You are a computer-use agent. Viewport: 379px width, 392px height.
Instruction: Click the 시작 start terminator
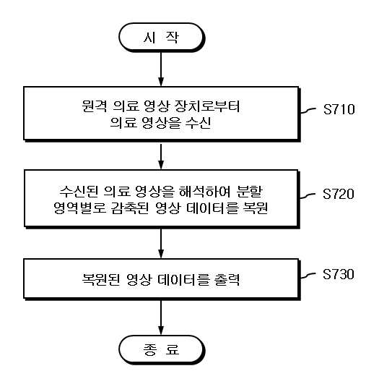[162, 38]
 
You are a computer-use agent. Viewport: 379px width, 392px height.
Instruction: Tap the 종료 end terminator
[162, 349]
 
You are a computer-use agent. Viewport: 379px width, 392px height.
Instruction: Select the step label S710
[339, 109]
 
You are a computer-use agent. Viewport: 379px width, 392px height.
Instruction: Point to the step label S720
[339, 194]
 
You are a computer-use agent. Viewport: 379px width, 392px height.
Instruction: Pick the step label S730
[339, 274]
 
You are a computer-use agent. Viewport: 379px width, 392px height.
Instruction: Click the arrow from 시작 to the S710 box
[161, 69]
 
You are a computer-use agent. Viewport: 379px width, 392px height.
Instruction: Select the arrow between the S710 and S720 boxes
[161, 156]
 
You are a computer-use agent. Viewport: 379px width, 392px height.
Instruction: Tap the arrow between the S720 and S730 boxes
[161, 243]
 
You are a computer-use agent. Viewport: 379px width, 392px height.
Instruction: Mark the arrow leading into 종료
[161, 318]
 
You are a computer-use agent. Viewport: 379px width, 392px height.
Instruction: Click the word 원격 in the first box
[95, 106]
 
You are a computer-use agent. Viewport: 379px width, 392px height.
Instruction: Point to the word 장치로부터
[207, 106]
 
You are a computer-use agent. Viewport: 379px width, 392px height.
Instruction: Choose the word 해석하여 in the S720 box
[204, 191]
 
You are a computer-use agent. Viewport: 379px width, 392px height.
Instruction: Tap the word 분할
[250, 191]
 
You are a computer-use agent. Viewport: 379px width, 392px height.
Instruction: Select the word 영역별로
[80, 208]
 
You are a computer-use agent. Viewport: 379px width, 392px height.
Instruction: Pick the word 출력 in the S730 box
[227, 279]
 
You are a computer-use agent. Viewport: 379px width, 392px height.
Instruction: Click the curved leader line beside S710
[308, 111]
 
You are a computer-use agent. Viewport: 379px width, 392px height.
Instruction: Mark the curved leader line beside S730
[308, 276]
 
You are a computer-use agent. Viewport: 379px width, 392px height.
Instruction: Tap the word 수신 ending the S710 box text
[199, 122]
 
